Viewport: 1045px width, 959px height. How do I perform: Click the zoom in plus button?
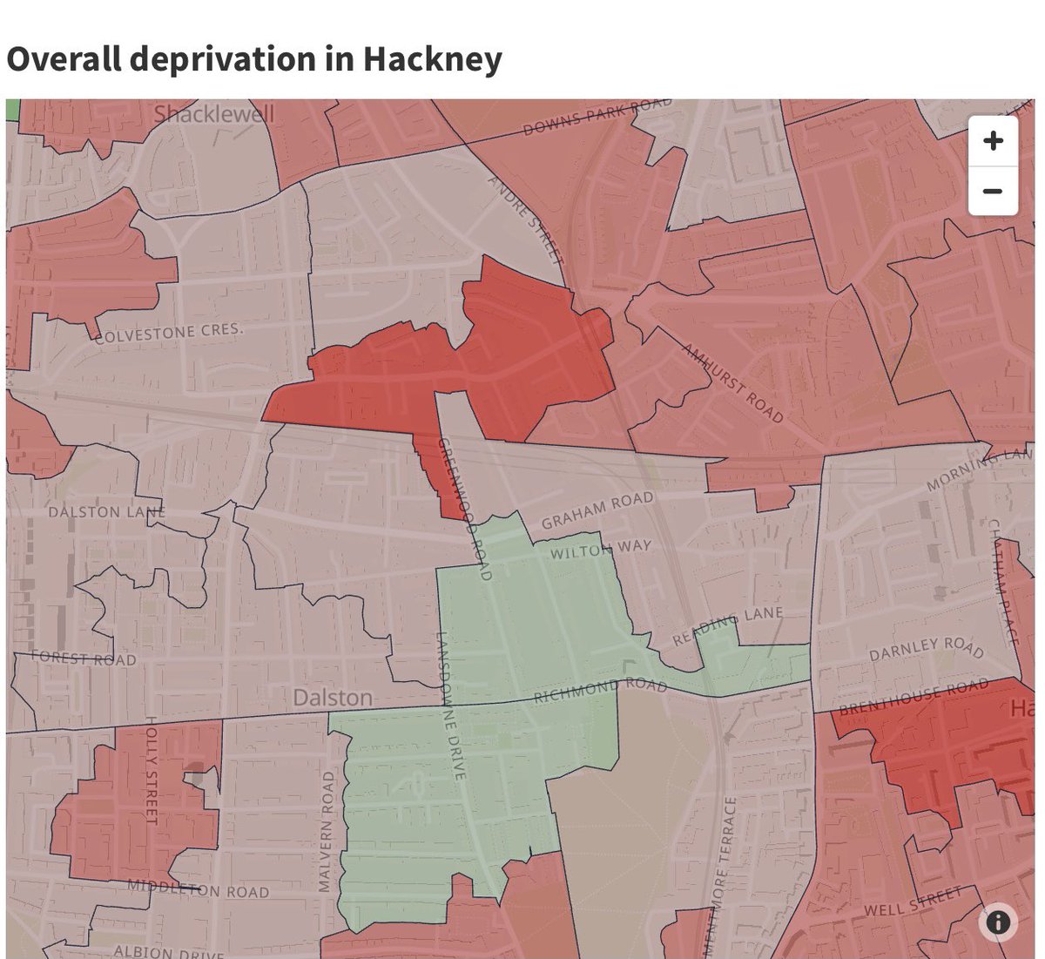point(993,141)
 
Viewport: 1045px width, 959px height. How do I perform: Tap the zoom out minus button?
point(993,191)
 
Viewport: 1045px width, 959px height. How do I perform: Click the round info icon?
point(997,922)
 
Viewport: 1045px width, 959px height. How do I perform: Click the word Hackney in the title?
point(432,59)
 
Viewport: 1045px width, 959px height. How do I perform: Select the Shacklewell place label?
point(213,114)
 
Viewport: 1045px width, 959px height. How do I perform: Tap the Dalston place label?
point(333,698)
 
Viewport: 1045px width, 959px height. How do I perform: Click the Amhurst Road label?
point(733,383)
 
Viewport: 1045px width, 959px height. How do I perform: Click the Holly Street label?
point(150,770)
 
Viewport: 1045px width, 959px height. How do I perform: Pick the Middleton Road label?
point(199,888)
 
